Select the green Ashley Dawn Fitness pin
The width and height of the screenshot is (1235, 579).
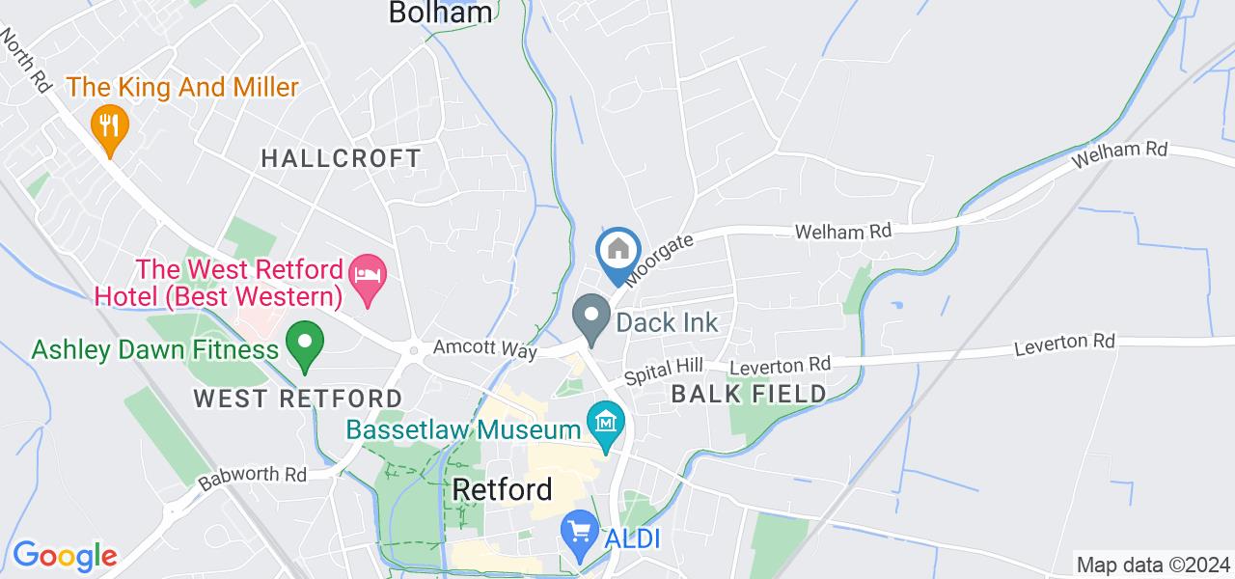click(x=306, y=345)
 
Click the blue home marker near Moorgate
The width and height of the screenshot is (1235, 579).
click(x=618, y=253)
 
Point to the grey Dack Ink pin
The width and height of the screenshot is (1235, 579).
click(x=590, y=318)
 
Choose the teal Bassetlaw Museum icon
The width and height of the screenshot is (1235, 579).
click(x=605, y=426)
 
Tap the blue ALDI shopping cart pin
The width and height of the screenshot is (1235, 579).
click(x=580, y=534)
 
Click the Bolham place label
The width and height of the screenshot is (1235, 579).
click(x=442, y=13)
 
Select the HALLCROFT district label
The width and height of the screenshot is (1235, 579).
click(x=342, y=158)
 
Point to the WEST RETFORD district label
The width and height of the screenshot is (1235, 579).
click(x=297, y=398)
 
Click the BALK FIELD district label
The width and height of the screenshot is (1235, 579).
click(x=749, y=393)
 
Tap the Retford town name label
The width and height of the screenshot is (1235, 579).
click(x=503, y=489)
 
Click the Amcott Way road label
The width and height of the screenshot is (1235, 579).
click(x=485, y=348)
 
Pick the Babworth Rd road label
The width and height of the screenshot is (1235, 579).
click(x=252, y=477)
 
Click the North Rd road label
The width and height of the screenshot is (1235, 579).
click(x=26, y=59)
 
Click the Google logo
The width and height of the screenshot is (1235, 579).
click(x=65, y=556)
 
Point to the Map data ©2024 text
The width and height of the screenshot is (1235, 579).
click(x=1153, y=565)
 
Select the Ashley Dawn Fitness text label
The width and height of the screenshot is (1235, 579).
click(x=154, y=348)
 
